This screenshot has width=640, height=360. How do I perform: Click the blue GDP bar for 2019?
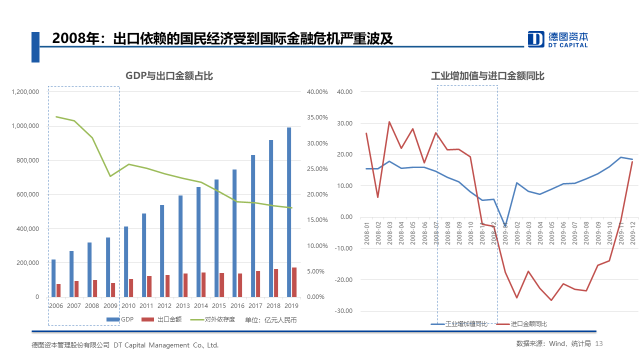click(x=289, y=212)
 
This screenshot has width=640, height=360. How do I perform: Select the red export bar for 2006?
click(x=58, y=290)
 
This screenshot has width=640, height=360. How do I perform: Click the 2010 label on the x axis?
click(x=128, y=305)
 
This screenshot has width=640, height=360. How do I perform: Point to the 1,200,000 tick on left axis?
click(x=25, y=92)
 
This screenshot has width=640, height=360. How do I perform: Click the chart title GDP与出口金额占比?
click(x=169, y=76)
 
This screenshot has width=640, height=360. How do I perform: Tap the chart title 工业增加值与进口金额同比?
click(x=487, y=76)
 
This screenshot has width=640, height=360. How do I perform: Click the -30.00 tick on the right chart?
click(x=345, y=311)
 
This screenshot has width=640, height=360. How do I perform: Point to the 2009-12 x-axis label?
click(x=632, y=233)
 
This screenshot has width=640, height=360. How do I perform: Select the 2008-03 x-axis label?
click(x=390, y=233)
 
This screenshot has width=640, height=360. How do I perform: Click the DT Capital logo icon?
click(x=536, y=39)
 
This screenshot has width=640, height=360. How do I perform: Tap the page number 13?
click(x=600, y=344)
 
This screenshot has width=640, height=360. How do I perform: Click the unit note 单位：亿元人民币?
click(x=270, y=319)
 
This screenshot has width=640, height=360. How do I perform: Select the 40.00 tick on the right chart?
click(x=345, y=92)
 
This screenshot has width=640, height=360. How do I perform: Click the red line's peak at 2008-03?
click(x=389, y=121)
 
